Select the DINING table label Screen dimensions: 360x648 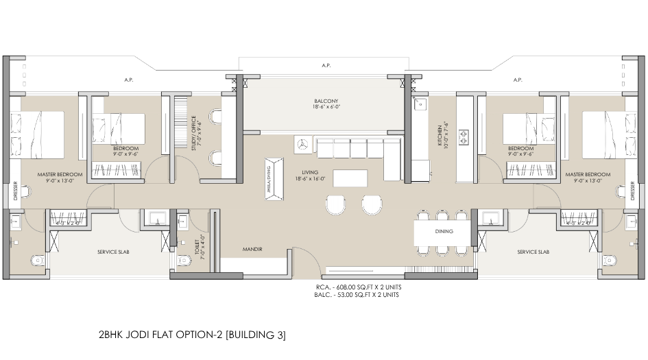(444, 232)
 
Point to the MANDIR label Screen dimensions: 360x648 (252, 249)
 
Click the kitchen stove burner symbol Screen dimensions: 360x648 (463, 136)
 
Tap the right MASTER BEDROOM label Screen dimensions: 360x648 (588, 175)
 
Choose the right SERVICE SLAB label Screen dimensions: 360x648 (533, 252)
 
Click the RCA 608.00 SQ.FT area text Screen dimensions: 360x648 (357, 287)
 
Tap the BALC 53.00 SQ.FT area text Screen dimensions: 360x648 (357, 295)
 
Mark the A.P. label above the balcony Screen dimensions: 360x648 (326, 66)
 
